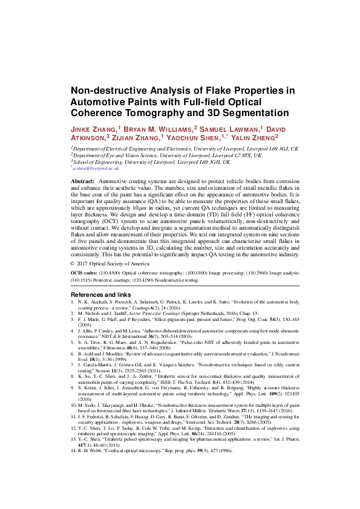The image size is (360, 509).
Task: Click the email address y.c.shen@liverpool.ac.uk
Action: tap(97, 170)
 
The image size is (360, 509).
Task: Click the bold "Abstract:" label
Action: tap(83, 182)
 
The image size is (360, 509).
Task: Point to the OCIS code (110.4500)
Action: tap(117, 274)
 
